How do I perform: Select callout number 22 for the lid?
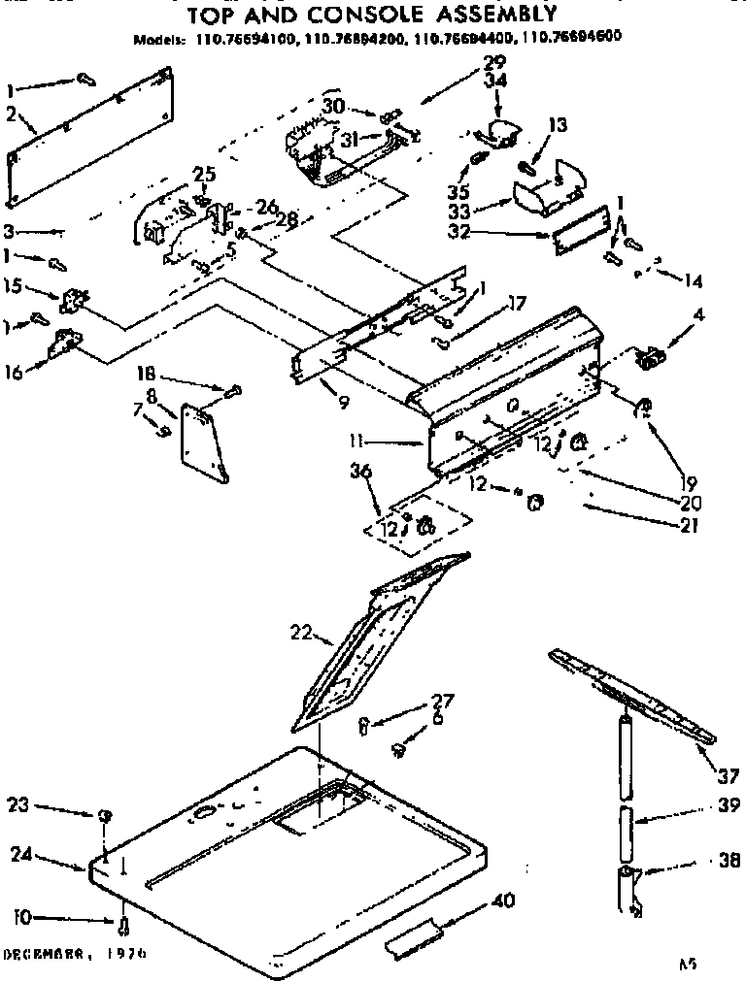[301, 633]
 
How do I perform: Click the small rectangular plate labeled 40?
[414, 937]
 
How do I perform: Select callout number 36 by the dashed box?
[362, 474]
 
